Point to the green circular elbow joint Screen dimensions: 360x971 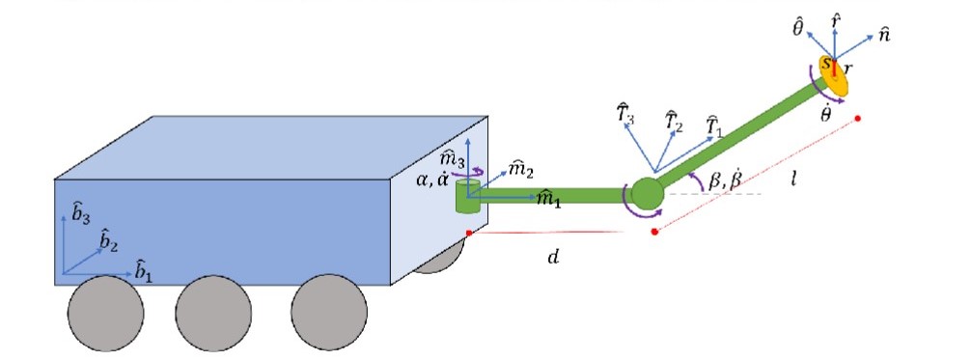[646, 193]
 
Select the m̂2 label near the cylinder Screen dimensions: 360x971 [521, 170]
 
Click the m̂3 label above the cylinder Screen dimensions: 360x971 [452, 158]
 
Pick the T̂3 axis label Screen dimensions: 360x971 [625, 114]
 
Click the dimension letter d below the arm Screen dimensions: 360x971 [552, 258]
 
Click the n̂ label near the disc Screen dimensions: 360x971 [882, 35]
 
